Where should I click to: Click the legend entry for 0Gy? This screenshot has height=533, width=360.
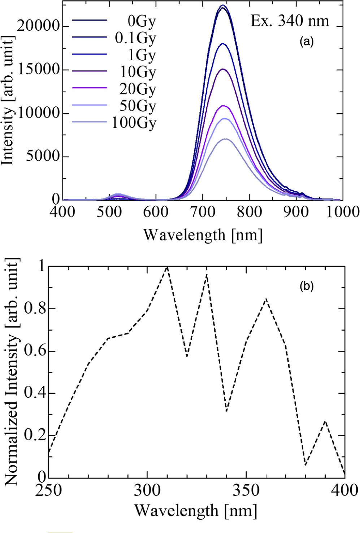point(142,21)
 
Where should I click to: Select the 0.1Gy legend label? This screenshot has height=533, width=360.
point(135,38)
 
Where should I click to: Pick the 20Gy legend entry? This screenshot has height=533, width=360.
point(138,89)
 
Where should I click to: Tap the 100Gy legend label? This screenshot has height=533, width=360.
point(134,123)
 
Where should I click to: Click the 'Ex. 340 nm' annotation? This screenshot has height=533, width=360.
point(290,21)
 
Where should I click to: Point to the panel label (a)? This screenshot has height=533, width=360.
point(307,42)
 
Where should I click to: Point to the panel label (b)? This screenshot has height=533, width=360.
point(307,287)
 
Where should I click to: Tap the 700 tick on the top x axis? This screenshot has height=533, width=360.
point(203,212)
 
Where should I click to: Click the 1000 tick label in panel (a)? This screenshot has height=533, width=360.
point(342,212)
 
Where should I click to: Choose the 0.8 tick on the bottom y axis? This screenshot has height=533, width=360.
point(35,309)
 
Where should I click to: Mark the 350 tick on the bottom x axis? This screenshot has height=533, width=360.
point(246,490)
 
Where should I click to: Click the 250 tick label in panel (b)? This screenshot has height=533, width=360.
point(49,490)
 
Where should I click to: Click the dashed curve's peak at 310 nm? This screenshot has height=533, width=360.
point(167,267)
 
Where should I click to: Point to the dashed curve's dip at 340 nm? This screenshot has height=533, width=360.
point(226,411)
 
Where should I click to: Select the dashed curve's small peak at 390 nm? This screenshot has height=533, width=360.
point(325,421)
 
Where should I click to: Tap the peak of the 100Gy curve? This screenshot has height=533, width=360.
point(226,139)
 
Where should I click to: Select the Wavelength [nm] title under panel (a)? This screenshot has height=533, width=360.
point(203,235)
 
